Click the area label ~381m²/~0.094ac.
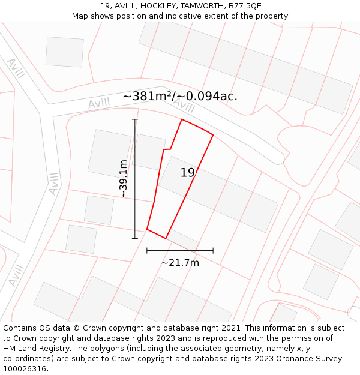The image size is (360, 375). coord(180,96)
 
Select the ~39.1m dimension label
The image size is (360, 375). coord(123,178)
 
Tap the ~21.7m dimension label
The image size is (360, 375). coord(180,262)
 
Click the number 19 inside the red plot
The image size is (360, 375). coord(188,173)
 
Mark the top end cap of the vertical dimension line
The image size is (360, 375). coord(135,119)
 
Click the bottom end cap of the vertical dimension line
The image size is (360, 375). coord(135,238)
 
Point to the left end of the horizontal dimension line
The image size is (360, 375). coord(147,250)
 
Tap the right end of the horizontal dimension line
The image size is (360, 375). coord(213,250)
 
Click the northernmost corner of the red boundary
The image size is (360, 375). coord(182,119)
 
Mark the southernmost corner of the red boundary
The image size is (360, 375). coord(166,238)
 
